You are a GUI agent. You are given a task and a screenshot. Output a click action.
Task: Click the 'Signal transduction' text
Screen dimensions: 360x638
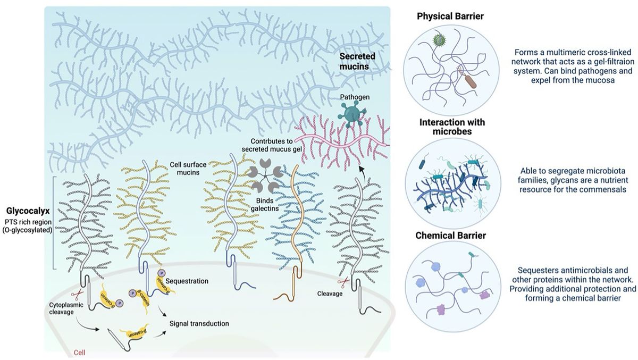pyautogui.click(x=199, y=323)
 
